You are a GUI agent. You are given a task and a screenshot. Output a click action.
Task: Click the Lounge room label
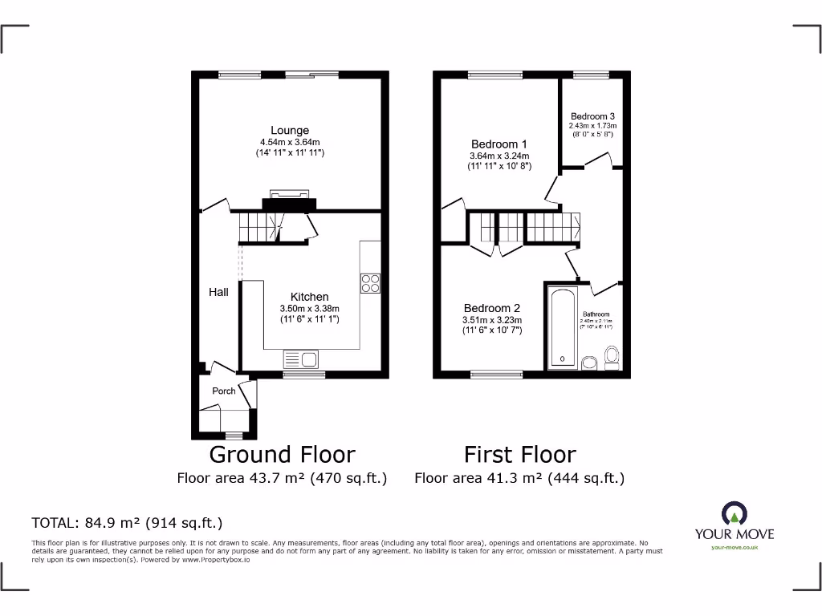pos(290,130)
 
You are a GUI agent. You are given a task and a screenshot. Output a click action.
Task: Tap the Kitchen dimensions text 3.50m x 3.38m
pos(309,309)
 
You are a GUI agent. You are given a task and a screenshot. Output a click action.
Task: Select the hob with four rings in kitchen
pos(371,283)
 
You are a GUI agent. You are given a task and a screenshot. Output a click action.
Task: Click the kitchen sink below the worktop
pos(301,359)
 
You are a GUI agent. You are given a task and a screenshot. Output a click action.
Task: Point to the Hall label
pos(218,292)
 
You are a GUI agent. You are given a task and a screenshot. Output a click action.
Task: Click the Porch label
pos(224,391)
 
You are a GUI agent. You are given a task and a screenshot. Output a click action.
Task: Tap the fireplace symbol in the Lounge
pos(288,195)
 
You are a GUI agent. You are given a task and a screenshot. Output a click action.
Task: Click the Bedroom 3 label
pos(592,116)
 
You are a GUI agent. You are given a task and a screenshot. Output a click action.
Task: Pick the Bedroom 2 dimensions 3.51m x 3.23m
pos(492,319)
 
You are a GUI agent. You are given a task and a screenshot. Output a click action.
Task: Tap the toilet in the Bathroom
pos(612,355)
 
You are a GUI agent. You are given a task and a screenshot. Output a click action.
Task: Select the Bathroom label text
pos(596,314)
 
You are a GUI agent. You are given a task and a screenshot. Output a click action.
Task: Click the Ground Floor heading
pos(282,454)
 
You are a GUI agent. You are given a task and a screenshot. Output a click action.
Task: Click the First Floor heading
pos(520,454)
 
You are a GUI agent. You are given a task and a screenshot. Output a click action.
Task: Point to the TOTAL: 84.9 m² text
pos(127,523)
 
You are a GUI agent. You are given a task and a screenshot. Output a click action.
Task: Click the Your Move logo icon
pos(734,513)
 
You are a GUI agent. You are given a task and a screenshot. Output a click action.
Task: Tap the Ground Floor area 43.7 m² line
pos(282,478)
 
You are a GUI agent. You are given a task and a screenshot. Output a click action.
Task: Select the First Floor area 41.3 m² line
pos(519,478)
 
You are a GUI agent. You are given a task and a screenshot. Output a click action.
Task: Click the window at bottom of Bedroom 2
pos(496,374)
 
